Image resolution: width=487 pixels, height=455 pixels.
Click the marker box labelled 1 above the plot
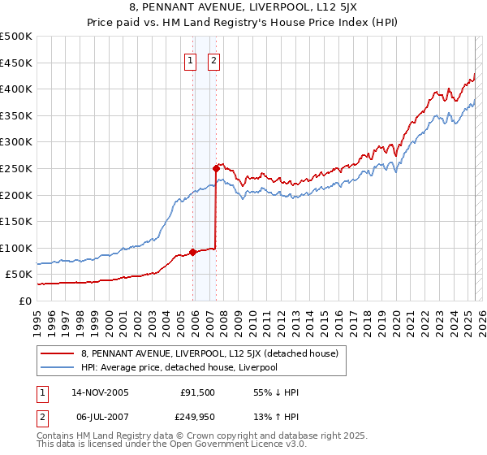(190, 59)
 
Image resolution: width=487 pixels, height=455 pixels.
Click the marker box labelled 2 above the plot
(213, 59)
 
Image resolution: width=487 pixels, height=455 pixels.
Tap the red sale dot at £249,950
(216, 168)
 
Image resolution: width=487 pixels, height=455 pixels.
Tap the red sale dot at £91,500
(192, 252)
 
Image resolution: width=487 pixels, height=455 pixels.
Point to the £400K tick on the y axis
(18, 89)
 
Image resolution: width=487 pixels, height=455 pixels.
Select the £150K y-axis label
(18, 221)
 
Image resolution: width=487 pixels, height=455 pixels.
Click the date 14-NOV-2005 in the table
(101, 392)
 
